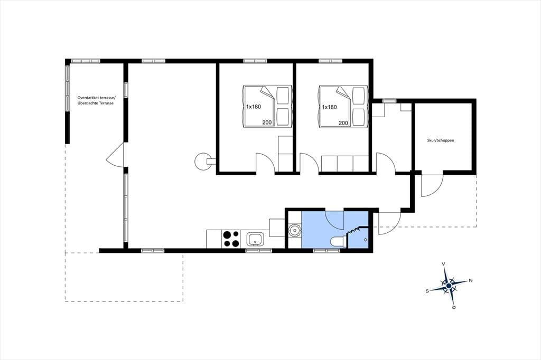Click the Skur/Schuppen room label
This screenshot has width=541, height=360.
440,141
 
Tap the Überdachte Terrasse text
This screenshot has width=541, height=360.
95,103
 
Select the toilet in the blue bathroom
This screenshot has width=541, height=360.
338,242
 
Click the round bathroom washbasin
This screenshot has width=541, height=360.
294,230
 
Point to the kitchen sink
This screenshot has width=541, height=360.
255,239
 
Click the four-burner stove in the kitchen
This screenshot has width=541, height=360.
231,239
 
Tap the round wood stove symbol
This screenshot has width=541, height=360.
202,161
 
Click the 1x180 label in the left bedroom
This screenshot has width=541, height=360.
254,107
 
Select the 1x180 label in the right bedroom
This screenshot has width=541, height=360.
329,107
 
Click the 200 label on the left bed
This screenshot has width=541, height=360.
267,122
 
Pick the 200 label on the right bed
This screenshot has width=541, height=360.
343,123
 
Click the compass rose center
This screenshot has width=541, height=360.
449,286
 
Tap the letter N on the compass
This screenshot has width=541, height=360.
470,280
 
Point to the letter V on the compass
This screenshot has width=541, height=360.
443,264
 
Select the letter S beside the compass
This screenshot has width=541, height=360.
427,291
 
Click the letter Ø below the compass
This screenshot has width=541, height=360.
454,308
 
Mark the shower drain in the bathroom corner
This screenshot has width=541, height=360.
366,240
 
